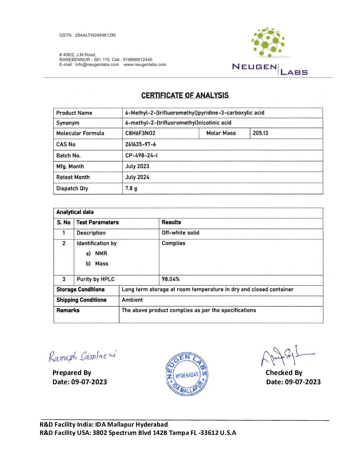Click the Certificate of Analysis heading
coord(185,95)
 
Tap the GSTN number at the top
coord(87,35)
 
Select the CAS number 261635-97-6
coord(140,144)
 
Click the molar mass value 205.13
coord(260,133)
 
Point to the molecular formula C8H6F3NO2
coord(140,133)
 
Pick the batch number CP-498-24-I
coord(141,155)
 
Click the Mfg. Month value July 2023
coord(137,166)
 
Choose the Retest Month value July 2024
coord(137,177)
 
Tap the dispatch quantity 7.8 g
coord(131,188)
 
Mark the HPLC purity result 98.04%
coord(170,279)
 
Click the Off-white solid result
coord(180,233)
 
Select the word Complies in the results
coord(173,243)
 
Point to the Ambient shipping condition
coord(132,300)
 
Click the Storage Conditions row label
coord(80,290)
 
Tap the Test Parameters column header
coord(97,222)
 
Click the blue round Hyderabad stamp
coord(187,374)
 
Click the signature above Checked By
coord(286,356)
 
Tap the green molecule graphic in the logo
coord(268,42)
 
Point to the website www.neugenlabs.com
coord(145,65)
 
